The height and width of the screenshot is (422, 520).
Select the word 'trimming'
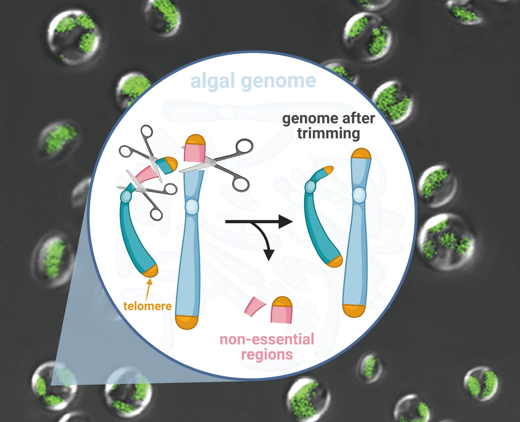click(x=329, y=134)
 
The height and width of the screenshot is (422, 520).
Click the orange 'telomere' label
click(x=148, y=306)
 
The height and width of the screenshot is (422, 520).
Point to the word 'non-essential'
click(x=267, y=339)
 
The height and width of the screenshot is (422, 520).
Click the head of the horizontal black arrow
click(x=286, y=222)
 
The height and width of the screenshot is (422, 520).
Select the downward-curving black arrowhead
click(x=269, y=255)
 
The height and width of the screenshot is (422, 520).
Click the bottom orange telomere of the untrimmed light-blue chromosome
click(x=187, y=322)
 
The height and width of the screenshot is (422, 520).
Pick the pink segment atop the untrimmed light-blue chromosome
click(x=194, y=153)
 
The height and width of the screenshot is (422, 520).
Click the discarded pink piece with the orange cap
click(x=282, y=310)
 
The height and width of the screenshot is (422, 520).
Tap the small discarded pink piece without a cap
click(x=255, y=306)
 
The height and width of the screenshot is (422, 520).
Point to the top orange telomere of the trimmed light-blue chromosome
click(x=361, y=154)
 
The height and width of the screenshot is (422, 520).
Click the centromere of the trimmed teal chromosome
click(x=310, y=187)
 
